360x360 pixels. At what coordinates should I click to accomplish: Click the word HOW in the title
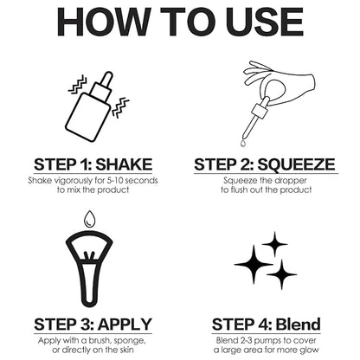coord(104,22)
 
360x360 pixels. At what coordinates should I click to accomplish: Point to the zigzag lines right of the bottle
coord(120,107)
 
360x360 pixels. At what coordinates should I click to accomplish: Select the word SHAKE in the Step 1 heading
coord(124,164)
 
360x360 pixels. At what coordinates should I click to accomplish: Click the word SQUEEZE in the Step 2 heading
coord(296,164)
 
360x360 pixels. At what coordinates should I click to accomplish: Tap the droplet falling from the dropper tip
coord(243,143)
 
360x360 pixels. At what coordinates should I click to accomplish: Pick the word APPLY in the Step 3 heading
coord(125,325)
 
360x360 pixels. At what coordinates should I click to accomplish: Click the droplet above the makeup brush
coord(89,219)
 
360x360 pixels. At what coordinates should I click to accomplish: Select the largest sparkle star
coord(254,264)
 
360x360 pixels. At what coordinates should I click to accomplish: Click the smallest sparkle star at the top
coord(274,244)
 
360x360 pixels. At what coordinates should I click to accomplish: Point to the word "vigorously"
coord(73,181)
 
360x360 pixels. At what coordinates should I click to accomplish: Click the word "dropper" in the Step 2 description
coord(291,181)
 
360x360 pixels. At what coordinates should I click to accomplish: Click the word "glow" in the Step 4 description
coord(309,350)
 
